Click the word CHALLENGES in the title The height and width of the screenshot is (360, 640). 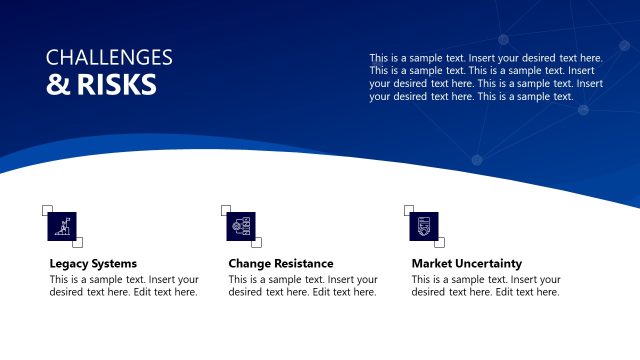[109, 58]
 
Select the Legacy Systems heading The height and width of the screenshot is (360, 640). [93, 264]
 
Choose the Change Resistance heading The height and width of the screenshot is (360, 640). [281, 264]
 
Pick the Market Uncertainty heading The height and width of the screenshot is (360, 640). [467, 264]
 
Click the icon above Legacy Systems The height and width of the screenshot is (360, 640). [62, 226]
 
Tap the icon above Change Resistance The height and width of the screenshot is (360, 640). [242, 226]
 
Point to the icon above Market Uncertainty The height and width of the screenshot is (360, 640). [423, 226]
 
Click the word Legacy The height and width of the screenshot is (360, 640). [70, 264]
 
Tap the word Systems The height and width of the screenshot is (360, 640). [115, 264]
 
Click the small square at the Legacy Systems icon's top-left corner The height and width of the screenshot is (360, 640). [47, 210]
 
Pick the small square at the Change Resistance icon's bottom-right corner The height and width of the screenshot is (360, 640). [257, 242]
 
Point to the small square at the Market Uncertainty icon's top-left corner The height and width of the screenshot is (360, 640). [408, 210]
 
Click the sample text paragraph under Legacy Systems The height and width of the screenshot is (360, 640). [124, 286]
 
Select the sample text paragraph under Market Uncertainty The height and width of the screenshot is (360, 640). [486, 286]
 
